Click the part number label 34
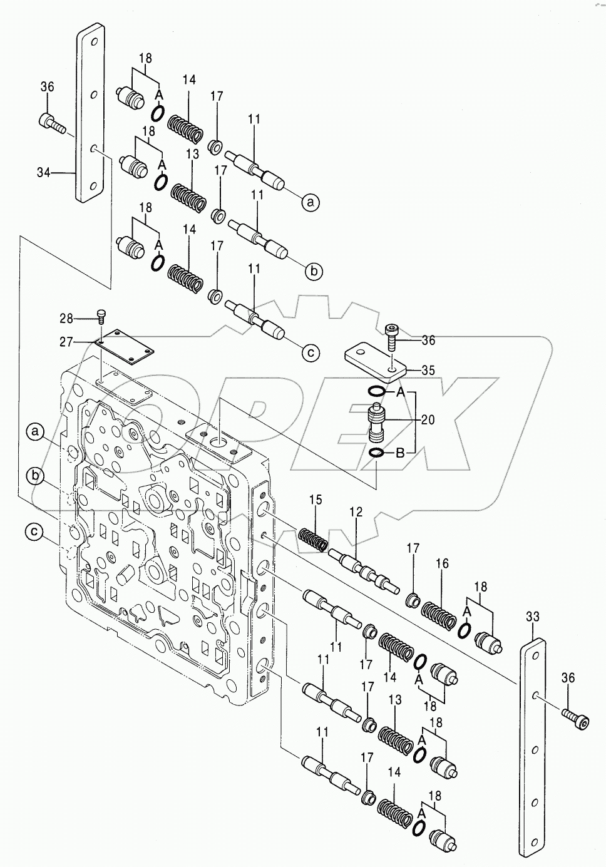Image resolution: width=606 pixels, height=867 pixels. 43,172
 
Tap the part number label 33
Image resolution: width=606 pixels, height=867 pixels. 532,617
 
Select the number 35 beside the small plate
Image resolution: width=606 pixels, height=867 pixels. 428,369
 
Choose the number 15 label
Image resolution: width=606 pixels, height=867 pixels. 315,500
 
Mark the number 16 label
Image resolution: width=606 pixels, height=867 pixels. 442,564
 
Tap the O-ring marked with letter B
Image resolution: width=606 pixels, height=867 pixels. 376,453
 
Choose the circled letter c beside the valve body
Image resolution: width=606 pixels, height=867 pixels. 35,532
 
